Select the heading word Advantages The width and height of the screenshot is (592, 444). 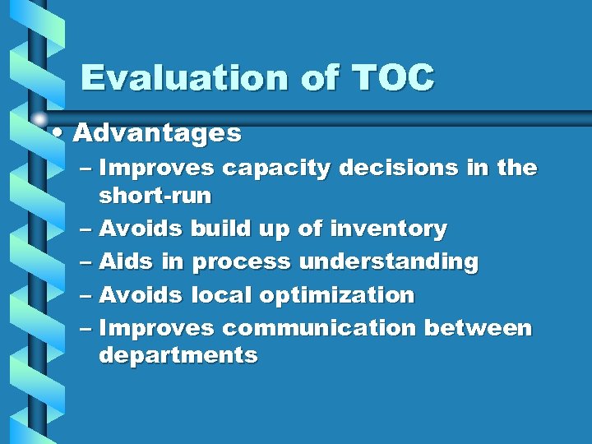click(x=157, y=132)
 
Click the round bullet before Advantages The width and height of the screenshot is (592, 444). click(x=54, y=132)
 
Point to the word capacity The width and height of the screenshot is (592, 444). click(x=276, y=169)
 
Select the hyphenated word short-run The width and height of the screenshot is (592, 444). click(x=155, y=196)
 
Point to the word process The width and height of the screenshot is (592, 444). click(x=242, y=262)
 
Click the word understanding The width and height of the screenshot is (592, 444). click(x=388, y=261)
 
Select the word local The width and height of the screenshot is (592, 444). click(x=220, y=294)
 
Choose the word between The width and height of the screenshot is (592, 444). click(x=478, y=328)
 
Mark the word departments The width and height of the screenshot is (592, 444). click(x=178, y=356)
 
